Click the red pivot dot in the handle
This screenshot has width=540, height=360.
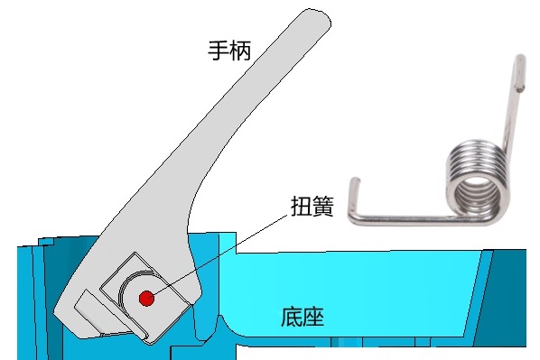tap(145, 297)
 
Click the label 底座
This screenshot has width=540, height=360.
tap(303, 317)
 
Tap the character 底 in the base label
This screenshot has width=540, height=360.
tap(291, 317)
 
